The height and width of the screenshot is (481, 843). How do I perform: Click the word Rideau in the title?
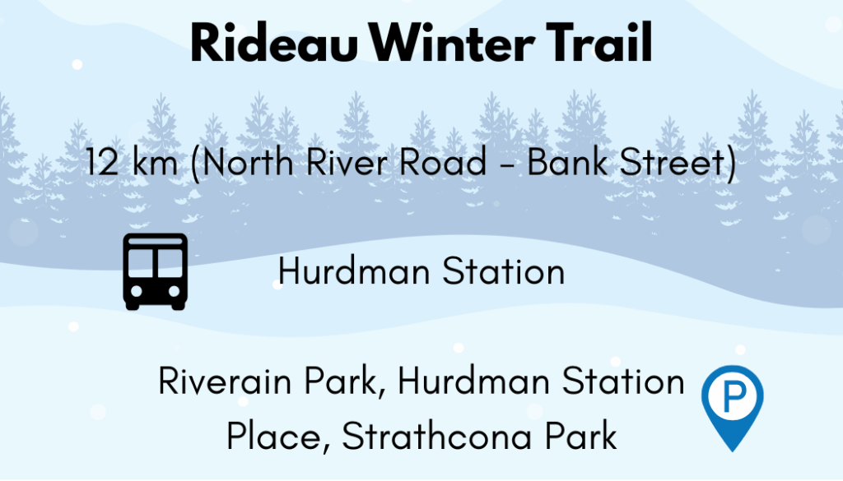pos(274,44)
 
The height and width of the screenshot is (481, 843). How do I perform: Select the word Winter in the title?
pos(452,44)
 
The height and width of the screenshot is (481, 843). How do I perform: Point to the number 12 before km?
pos(102,162)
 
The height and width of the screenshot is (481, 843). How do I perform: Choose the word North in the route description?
pos(248,161)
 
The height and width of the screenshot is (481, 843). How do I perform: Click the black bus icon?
pos(156,271)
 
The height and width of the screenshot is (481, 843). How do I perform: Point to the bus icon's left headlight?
pos(137,291)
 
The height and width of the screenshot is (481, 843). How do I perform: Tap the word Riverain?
pos(226,381)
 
